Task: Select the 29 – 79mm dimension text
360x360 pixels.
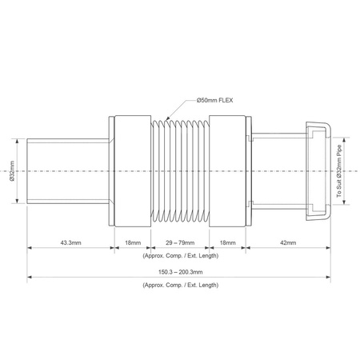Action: point(175,241)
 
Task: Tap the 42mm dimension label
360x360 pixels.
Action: point(287,241)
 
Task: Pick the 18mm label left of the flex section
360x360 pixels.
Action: point(128,241)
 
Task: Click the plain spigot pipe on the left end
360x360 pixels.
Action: point(68,170)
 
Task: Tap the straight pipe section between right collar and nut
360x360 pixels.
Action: point(276,170)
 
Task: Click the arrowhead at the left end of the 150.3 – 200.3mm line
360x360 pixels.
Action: point(30,278)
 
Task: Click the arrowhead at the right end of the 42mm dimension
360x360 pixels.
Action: point(327,248)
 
